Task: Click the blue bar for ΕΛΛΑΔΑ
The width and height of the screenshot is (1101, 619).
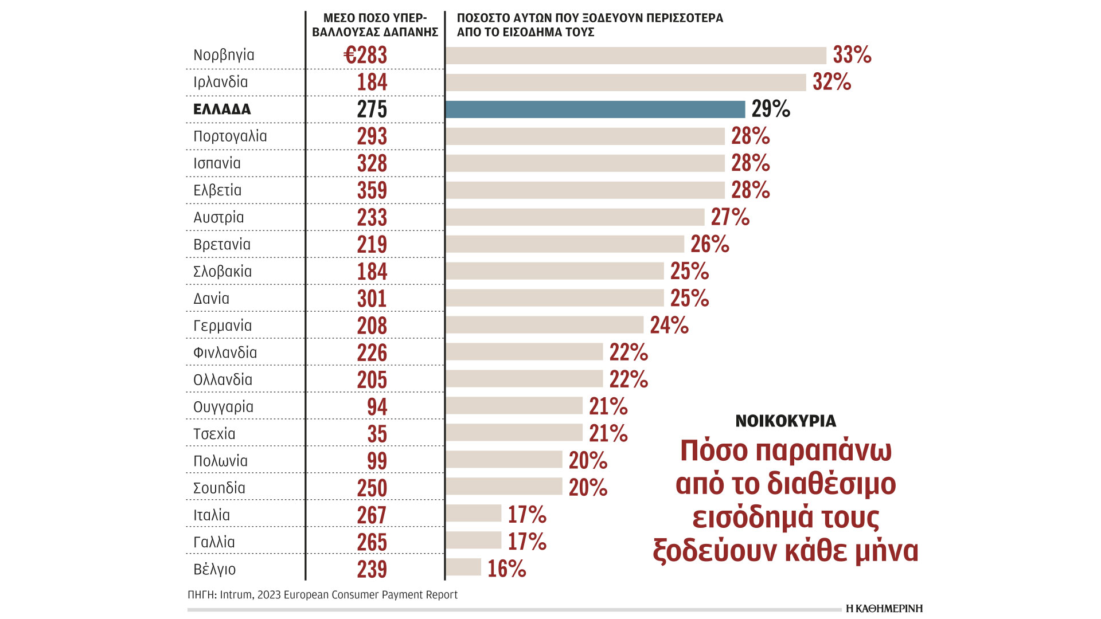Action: click(x=595, y=109)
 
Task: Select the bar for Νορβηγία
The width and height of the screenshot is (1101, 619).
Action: click(x=635, y=56)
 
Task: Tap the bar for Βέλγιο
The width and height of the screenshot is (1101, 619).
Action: click(x=463, y=567)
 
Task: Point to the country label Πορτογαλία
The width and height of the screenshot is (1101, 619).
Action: click(x=230, y=136)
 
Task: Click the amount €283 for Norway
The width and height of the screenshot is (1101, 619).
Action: click(x=365, y=56)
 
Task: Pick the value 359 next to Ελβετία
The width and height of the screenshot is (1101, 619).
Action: click(x=372, y=190)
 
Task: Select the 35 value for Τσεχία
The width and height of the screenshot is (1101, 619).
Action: click(x=377, y=434)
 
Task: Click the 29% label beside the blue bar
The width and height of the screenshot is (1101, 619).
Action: click(x=770, y=109)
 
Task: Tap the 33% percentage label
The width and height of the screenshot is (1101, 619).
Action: click(x=852, y=55)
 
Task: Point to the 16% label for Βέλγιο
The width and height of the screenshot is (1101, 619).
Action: click(x=506, y=569)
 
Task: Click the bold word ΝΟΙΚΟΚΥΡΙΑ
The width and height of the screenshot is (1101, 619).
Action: click(x=786, y=421)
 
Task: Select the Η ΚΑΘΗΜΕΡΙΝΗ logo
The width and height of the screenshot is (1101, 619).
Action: click(x=884, y=609)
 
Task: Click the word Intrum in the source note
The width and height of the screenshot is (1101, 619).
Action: click(x=236, y=595)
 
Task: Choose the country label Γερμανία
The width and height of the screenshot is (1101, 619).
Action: click(x=222, y=326)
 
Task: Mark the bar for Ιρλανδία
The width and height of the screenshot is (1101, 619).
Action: click(x=626, y=83)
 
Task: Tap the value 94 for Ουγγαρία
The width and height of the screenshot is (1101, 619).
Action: click(x=377, y=407)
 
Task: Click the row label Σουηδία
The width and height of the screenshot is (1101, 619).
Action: click(x=219, y=488)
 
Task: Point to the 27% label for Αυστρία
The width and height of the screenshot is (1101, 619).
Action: click(x=730, y=217)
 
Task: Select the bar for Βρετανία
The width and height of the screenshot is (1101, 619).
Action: click(x=565, y=244)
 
